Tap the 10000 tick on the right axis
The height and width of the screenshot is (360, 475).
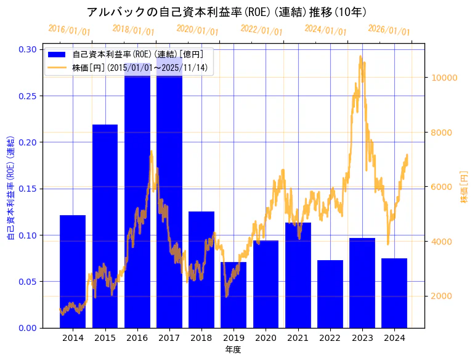click(x=444, y=78)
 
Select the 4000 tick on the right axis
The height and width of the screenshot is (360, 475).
click(x=442, y=242)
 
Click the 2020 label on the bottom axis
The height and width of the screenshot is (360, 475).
click(x=266, y=338)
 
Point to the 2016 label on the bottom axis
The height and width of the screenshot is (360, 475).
click(x=137, y=338)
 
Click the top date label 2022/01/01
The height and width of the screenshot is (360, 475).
click(x=262, y=30)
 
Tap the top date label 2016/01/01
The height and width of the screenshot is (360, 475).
click(x=69, y=30)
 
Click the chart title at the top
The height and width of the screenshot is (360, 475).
click(x=227, y=12)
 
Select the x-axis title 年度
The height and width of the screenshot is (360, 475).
click(x=233, y=350)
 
